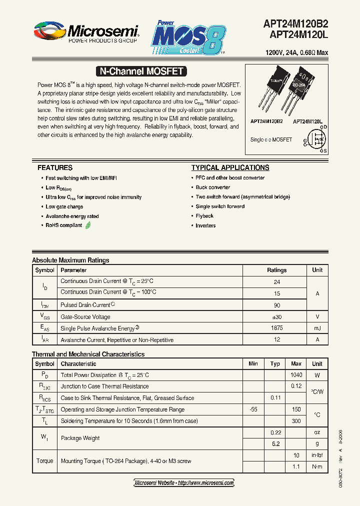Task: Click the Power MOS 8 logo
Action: click(x=188, y=38)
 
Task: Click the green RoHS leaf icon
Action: click(x=88, y=225)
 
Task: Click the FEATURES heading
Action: click(x=55, y=167)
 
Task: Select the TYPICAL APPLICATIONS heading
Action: click(x=230, y=167)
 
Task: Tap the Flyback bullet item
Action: click(x=204, y=216)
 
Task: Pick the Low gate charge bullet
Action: click(x=64, y=206)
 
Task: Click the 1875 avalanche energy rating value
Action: click(x=276, y=328)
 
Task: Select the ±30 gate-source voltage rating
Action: click(x=276, y=316)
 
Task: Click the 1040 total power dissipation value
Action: click(x=296, y=375)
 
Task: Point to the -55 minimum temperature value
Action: click(x=253, y=409)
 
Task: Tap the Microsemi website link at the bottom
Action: click(x=184, y=482)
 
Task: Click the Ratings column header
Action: click(x=276, y=270)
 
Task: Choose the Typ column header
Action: click(x=275, y=364)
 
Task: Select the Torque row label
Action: click(x=44, y=461)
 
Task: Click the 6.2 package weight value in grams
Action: click(x=275, y=443)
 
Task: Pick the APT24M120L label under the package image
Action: click(x=307, y=121)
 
